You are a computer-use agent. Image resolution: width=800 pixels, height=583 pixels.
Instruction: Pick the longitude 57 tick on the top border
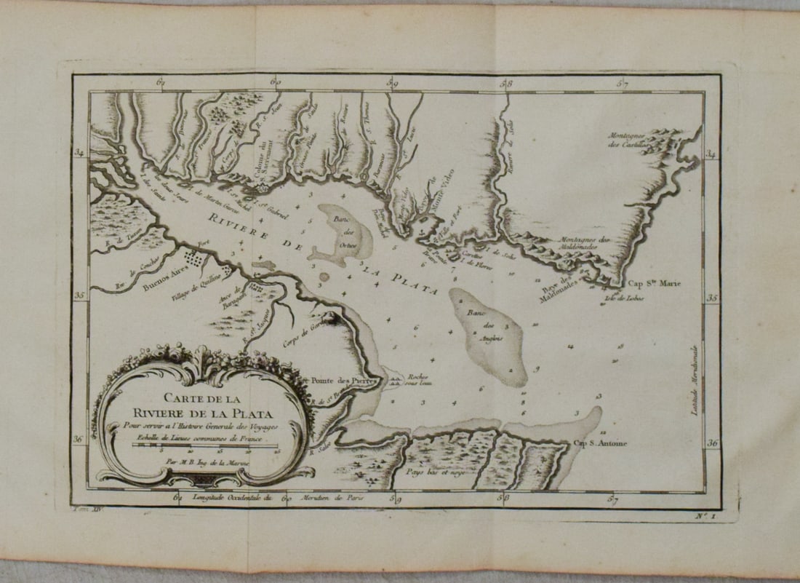[x=623, y=84]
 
